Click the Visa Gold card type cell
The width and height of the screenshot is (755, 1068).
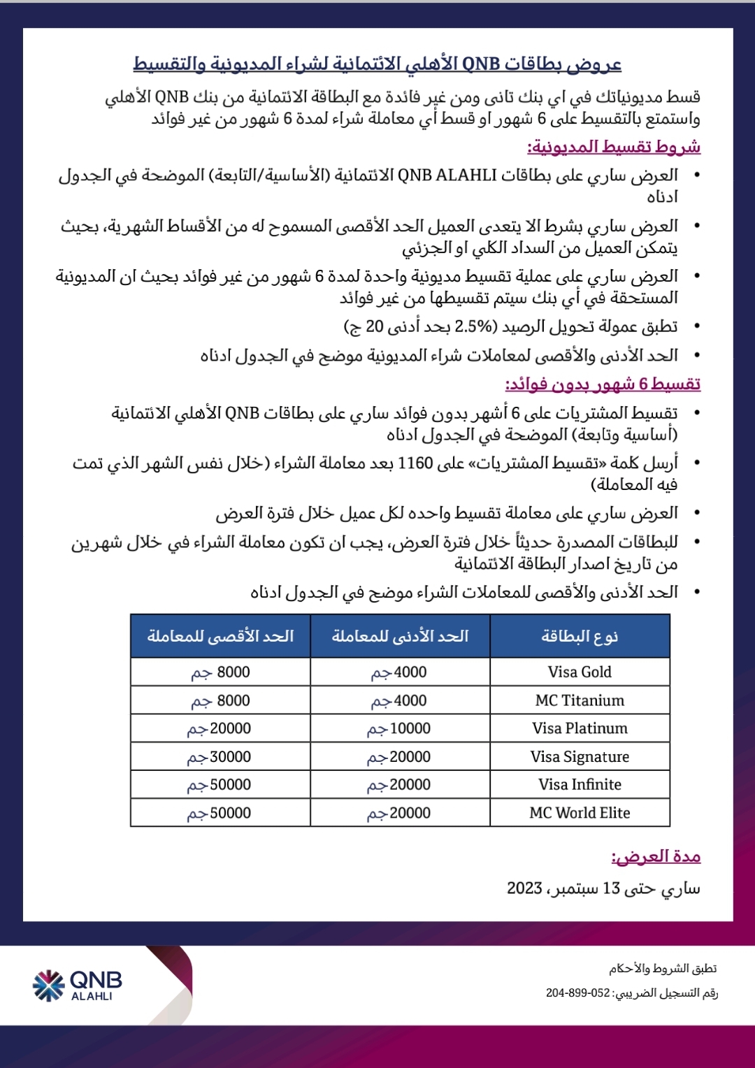click(x=580, y=672)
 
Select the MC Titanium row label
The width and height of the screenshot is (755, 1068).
click(x=580, y=700)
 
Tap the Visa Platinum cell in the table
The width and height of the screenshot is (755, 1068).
click(x=580, y=728)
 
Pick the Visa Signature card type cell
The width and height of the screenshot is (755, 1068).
click(x=580, y=756)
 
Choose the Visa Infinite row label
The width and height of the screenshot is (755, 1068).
click(x=580, y=784)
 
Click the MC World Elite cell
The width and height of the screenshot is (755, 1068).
click(x=580, y=813)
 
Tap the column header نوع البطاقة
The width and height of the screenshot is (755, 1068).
click(x=580, y=636)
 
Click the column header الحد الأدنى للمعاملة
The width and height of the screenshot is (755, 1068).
click(x=400, y=636)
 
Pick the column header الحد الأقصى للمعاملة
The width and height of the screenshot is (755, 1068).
click(x=220, y=636)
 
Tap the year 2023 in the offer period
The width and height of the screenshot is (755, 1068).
click(x=524, y=888)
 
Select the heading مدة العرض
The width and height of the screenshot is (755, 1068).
click(x=656, y=856)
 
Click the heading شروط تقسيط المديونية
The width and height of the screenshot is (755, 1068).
click(x=614, y=147)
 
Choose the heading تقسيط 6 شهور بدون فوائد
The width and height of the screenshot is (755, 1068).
click(x=603, y=384)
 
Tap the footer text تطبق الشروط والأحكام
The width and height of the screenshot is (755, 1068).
click(x=663, y=969)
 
